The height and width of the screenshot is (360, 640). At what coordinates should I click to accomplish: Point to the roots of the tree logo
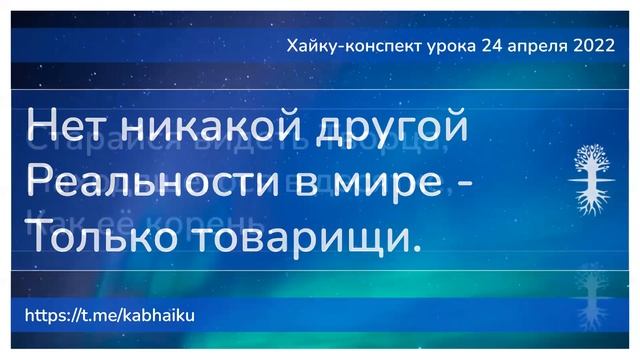pyautogui.click(x=588, y=200)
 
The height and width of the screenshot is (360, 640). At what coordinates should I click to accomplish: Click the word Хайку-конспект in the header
pyautogui.click(x=344, y=45)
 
